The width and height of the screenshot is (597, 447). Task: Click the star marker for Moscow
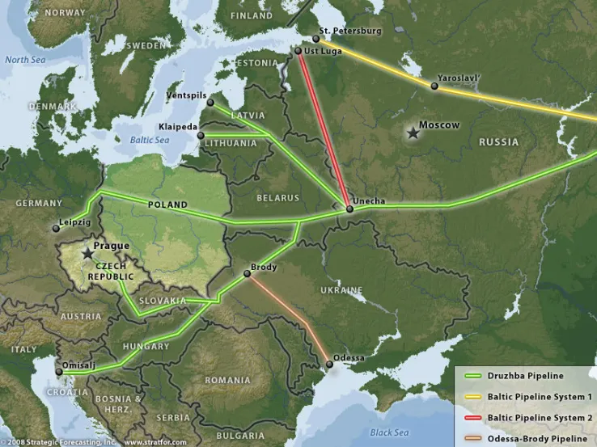coord(413,132)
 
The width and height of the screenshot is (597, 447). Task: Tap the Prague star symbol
coord(87,254)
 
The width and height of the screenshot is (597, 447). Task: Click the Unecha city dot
coord(349,209)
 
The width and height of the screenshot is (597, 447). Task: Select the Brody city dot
coord(247,275)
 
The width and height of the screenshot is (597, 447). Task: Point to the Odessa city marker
coord(329,365)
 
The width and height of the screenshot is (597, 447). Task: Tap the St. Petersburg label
coord(349,31)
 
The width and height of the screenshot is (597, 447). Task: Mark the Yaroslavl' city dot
coord(434,86)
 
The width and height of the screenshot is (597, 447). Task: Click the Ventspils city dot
coord(210,103)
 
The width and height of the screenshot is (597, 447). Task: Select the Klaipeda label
coord(180,128)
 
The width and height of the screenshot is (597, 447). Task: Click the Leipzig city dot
coord(56,229)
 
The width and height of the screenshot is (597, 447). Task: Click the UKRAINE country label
coord(341,289)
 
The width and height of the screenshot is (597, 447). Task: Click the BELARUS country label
coord(277,197)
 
